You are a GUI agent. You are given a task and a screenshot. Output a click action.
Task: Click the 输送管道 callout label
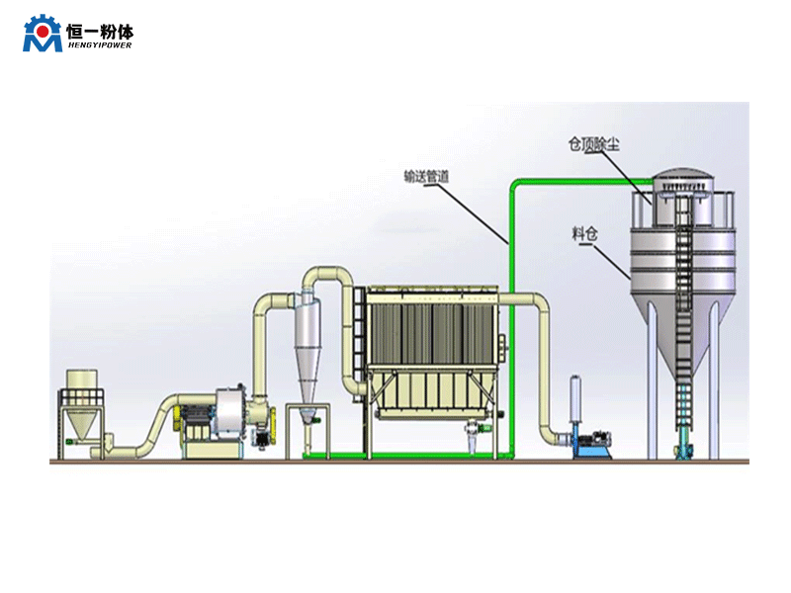(x=427, y=177)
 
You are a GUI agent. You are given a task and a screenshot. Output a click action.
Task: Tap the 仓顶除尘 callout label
(x=594, y=143)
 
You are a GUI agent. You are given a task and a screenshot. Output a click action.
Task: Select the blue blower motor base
(x=592, y=450)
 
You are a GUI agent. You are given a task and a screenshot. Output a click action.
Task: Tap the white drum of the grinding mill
(x=227, y=415)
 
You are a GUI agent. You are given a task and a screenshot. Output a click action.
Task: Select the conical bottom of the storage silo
(x=682, y=316)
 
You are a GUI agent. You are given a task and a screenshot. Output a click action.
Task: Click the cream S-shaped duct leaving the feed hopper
(x=148, y=435)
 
